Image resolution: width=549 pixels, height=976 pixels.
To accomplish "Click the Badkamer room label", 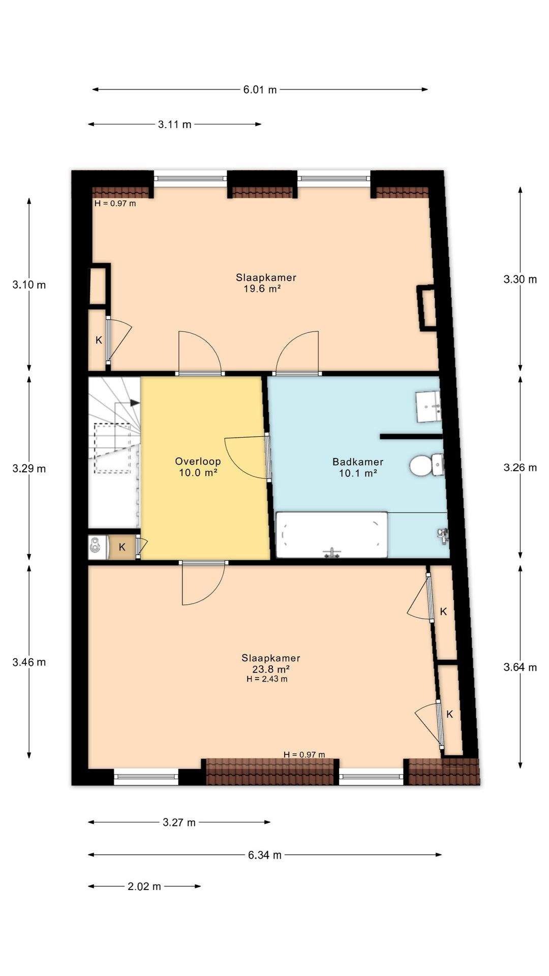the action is tap(358, 462).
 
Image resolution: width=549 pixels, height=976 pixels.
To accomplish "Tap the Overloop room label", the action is tap(198, 461).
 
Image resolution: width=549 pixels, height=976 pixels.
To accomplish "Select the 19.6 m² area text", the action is tap(263, 289).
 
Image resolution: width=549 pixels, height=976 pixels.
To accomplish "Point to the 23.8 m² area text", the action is tap(271, 669).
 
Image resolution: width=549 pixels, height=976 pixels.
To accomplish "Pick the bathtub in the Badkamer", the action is tap(331, 534).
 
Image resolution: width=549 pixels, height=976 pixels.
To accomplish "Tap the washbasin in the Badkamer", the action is tap(429, 406).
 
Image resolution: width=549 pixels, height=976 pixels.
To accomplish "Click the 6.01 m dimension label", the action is tap(260, 89).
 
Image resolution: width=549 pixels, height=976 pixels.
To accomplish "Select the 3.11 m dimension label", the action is tap(175, 124).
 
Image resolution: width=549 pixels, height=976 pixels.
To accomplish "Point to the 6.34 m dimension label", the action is tap(265, 855).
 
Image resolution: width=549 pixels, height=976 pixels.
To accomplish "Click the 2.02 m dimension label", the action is tap(144, 886).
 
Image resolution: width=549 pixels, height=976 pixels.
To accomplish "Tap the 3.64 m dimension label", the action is tap(520, 667).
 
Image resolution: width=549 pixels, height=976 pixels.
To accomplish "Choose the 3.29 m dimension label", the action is tap(29, 468).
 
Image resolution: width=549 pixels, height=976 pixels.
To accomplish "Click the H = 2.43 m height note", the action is tap(267, 679).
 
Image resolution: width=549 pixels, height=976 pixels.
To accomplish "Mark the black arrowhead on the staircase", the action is tap(135, 403).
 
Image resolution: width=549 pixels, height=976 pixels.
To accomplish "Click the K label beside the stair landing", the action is tap(122, 547).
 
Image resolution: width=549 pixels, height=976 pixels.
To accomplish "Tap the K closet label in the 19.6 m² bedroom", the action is tap(99, 340).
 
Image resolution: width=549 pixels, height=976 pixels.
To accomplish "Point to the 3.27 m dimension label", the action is tap(179, 822).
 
